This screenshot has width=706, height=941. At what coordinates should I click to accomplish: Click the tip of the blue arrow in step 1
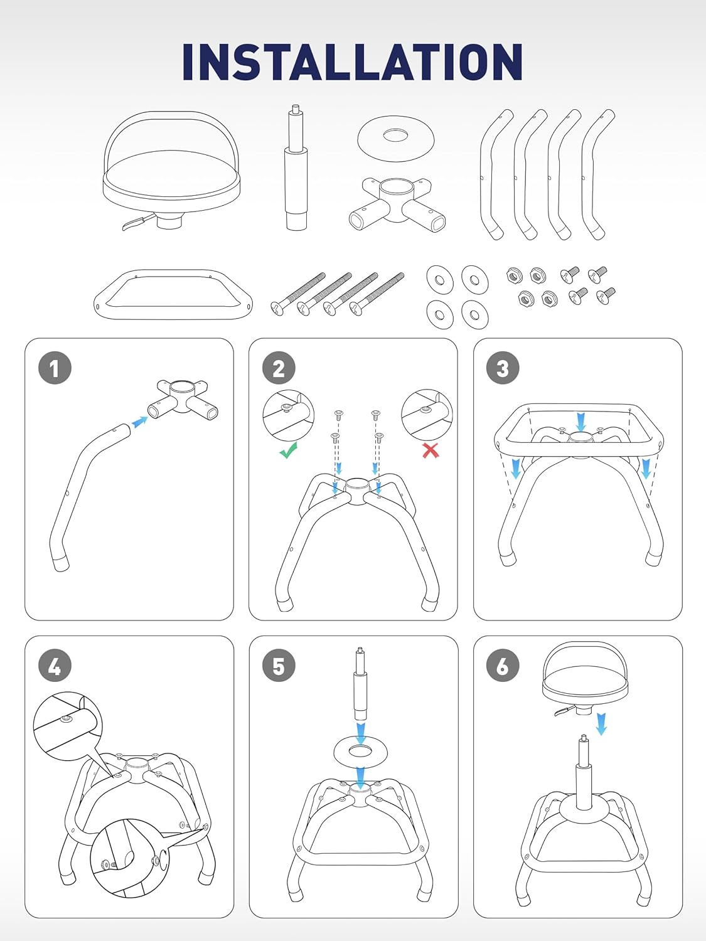coord(147,417)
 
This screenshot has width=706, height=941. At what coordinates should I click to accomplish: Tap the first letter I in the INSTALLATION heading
coord(190,61)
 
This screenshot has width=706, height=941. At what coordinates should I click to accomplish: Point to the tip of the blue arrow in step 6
coord(602,735)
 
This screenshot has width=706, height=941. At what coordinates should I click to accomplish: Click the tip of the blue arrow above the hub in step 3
coord(581,432)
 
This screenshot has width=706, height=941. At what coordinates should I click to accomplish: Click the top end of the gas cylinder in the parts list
coord(295,105)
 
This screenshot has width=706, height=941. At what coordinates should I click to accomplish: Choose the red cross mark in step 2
coord(431,450)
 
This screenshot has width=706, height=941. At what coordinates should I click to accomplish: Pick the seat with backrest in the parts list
coord(171,171)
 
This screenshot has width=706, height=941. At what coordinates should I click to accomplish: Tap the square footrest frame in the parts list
coord(173,294)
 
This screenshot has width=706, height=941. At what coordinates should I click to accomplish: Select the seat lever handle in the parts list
coord(137,223)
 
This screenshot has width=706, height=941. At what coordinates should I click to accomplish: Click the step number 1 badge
coord(55,368)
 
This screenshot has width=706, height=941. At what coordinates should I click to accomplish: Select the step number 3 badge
coord(503,368)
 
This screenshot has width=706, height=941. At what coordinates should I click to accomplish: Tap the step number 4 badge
coord(55,666)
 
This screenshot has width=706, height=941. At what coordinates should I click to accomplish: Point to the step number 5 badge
coord(279,666)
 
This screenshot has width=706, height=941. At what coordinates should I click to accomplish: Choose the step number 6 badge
coord(503,666)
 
